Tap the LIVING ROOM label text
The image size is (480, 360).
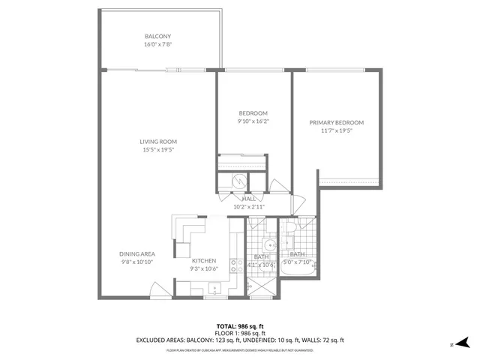pos(157,142)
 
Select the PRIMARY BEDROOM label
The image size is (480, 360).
pos(337,122)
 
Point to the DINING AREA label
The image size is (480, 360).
pos(136,254)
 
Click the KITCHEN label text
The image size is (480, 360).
pos(204,260)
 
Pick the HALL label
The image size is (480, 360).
pos(248,199)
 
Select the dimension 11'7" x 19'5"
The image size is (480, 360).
pos(337,131)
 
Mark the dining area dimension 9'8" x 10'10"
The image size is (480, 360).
pos(136,262)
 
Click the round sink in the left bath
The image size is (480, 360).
pos(268,244)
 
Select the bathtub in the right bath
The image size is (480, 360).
pos(298,284)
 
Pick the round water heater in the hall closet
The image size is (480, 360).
pos(237,181)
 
